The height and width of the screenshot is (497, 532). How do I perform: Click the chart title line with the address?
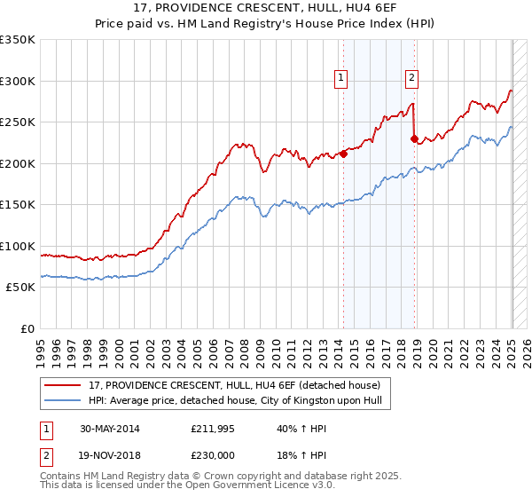265,9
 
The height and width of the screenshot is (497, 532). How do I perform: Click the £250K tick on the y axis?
17,122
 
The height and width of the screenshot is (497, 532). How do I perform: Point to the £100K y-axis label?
17,246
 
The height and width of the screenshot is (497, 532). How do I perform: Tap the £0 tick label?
27,328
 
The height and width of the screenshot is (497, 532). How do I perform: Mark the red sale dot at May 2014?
343,154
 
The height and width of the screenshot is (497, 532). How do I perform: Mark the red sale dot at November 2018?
414,138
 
